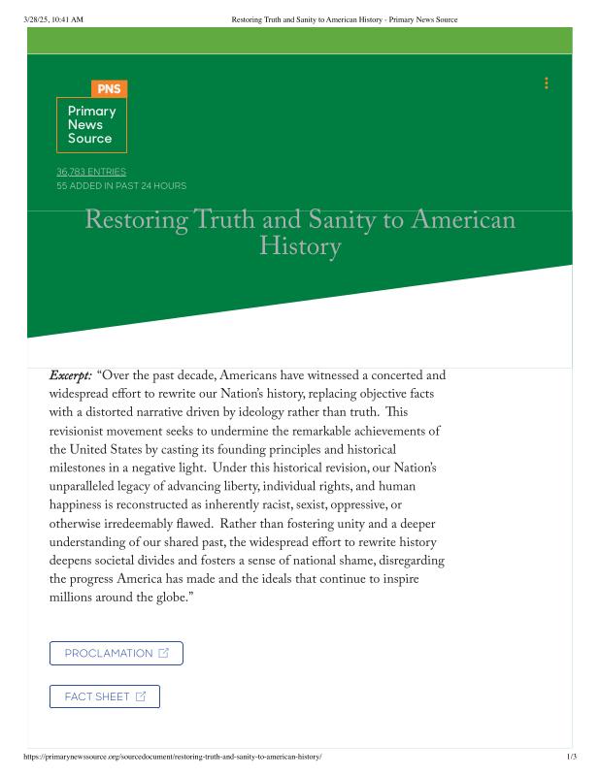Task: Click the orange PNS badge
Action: tap(110, 89)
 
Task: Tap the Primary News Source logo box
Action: tap(91, 125)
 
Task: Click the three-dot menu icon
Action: tap(547, 83)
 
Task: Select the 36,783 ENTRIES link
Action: tap(91, 172)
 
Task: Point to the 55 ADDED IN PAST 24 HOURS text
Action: tap(121, 185)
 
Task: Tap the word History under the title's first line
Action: tap(300, 247)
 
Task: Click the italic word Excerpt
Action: tap(71, 375)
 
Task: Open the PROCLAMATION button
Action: tap(116, 653)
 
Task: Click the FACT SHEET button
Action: tap(104, 696)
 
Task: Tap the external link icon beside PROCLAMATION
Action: tap(163, 653)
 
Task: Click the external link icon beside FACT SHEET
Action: tap(141, 696)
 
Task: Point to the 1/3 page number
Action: tap(572, 757)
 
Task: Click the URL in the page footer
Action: tap(172, 757)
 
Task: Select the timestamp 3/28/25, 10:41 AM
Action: tap(53, 19)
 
